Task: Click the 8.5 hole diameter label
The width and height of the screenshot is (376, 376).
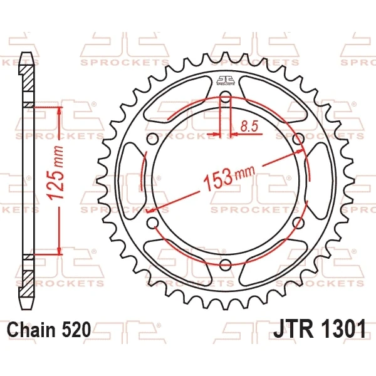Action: [x=249, y=127]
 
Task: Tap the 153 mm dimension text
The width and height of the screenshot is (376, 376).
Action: [x=229, y=177]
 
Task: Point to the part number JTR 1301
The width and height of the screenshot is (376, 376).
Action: [x=320, y=329]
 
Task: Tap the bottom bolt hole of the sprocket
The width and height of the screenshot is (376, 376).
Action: [x=225, y=264]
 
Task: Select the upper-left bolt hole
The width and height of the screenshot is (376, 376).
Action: [x=152, y=139]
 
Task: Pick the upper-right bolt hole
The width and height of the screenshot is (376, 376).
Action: [x=298, y=139]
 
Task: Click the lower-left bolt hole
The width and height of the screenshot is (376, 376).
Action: [x=153, y=222]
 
